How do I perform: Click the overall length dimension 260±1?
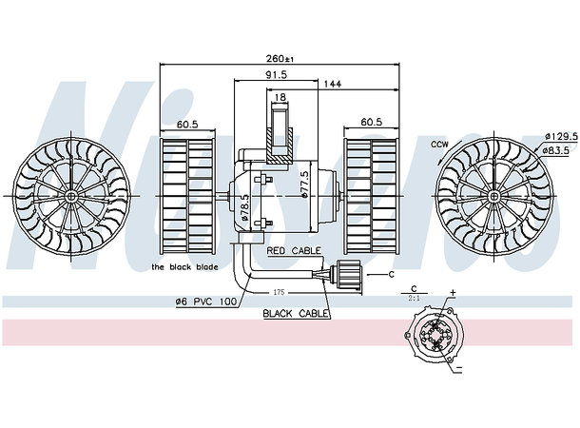point(280,59)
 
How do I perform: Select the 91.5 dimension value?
point(277,74)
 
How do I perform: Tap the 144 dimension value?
point(332,85)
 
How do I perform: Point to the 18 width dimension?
point(280,97)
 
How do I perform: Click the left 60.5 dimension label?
point(186,124)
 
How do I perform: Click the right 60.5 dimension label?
point(370,124)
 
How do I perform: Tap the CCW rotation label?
point(439,144)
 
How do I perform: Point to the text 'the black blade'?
point(184,267)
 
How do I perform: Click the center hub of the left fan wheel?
point(72,195)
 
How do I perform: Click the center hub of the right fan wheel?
point(495,195)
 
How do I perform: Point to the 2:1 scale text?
point(415,298)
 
